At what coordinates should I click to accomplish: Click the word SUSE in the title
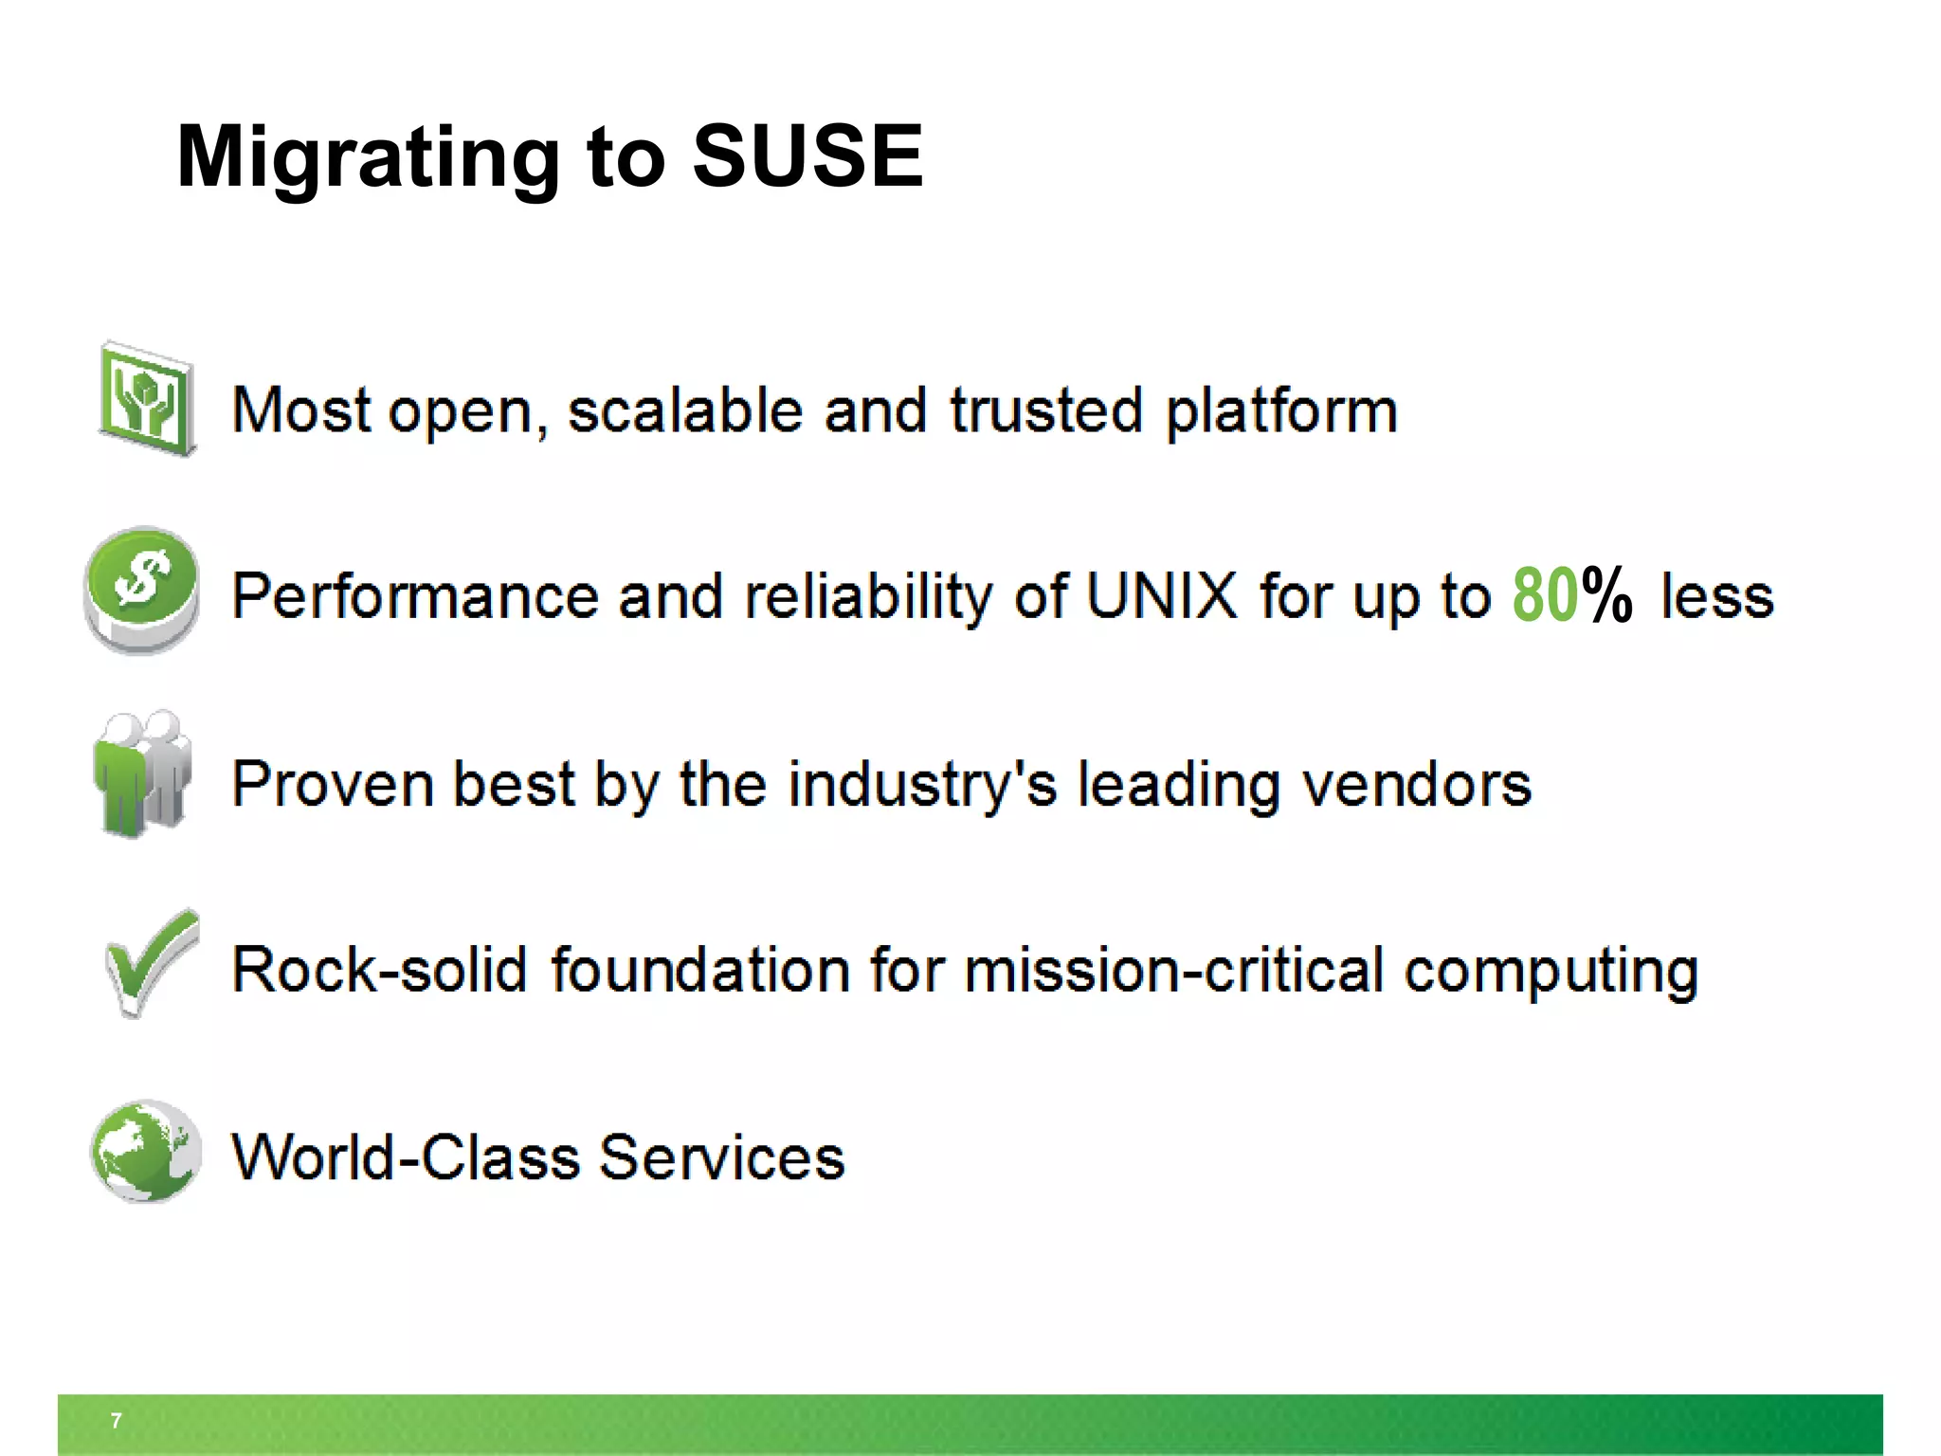[x=807, y=156]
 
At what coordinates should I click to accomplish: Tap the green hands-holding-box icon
[x=147, y=400]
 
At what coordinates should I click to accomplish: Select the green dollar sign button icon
[x=142, y=588]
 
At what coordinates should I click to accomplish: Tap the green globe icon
[x=146, y=1151]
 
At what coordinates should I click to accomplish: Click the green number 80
[x=1545, y=595]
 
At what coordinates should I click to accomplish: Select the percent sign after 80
[x=1607, y=595]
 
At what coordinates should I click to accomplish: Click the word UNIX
[x=1161, y=596]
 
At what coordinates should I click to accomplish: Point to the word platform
[x=1281, y=412]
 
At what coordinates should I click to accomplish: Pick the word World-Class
[x=406, y=1157]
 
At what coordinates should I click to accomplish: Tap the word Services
[x=721, y=1157]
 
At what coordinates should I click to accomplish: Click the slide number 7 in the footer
[x=116, y=1420]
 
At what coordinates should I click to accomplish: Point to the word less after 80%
[x=1716, y=597]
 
